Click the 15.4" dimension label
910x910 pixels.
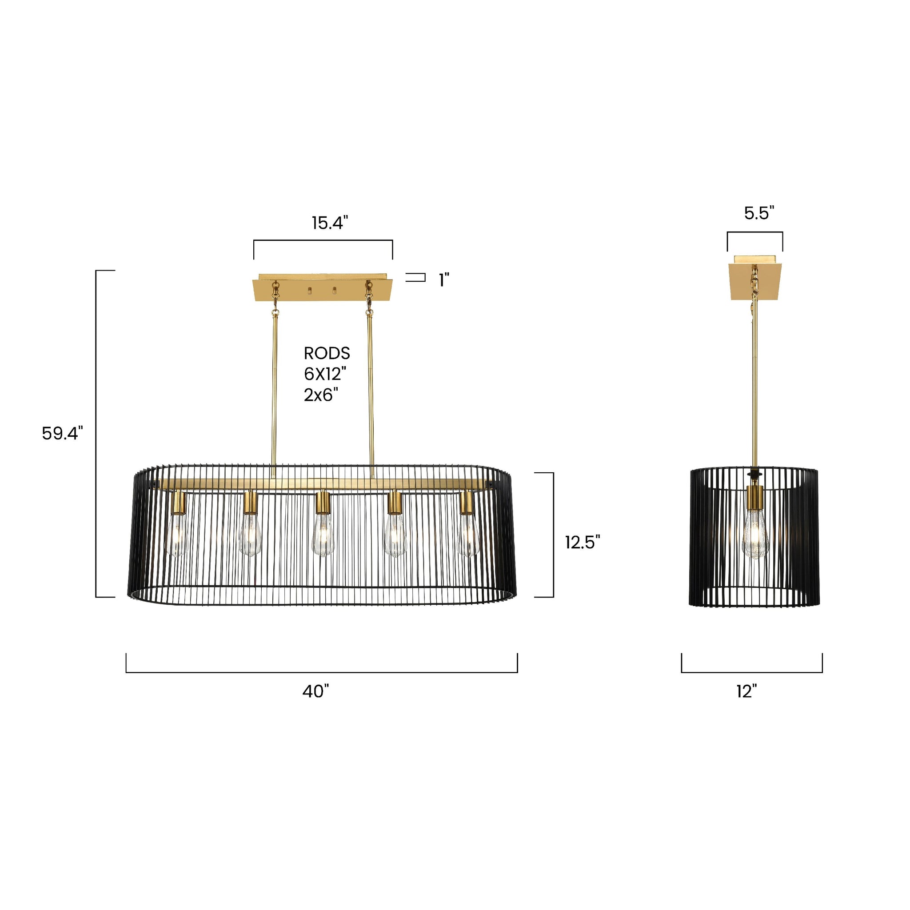tap(330, 223)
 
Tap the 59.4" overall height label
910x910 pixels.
tap(62, 433)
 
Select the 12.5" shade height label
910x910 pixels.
tap(583, 542)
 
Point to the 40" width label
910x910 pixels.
tap(315, 691)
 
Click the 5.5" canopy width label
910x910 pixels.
tap(759, 213)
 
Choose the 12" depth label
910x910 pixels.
tap(746, 691)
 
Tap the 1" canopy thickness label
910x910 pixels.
tap(444, 280)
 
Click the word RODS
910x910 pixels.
tap(327, 353)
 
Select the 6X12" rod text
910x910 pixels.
tap(325, 374)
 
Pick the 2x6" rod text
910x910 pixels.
tap(321, 395)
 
